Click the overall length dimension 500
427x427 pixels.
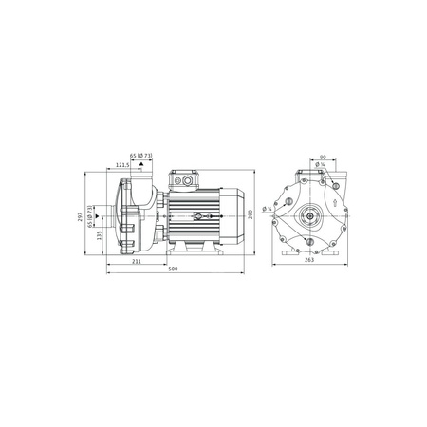(x=173, y=269)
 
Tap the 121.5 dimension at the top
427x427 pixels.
(x=122, y=165)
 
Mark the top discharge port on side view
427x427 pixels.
(x=140, y=177)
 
